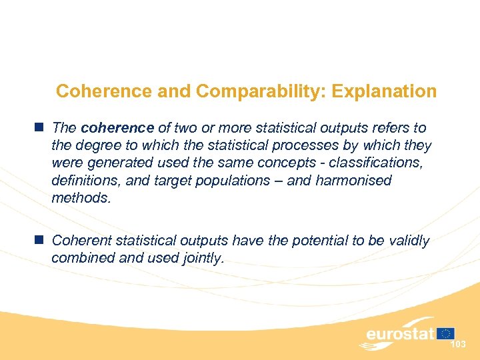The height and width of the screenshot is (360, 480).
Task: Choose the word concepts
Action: [288, 163]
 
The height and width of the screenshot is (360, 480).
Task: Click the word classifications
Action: [375, 163]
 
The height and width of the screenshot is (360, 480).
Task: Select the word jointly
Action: [201, 259]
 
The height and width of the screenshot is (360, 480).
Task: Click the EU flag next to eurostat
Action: [446, 333]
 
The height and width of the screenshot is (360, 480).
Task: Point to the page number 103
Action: [458, 345]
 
